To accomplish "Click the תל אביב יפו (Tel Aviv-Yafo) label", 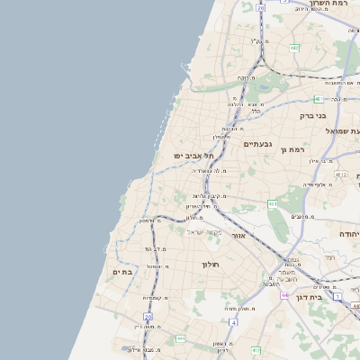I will tap(194, 156).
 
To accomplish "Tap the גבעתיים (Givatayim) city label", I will tap(257, 144).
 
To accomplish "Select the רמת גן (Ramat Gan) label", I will tap(294, 149).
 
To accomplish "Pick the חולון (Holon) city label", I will tap(211, 265).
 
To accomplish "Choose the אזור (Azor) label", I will tap(238, 235).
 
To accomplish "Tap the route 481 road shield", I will tap(319, 99).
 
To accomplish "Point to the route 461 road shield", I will tap(272, 204).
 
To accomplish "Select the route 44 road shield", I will tap(284, 295).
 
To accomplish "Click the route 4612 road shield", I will tap(341, 174).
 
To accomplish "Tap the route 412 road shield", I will tap(256, 350).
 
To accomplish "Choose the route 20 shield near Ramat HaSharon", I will tap(260, 7).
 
